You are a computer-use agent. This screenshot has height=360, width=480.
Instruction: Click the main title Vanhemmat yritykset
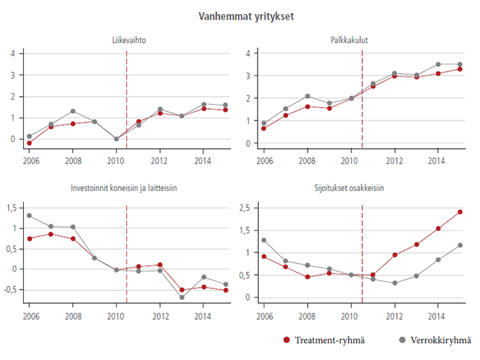pyautogui.click(x=241, y=15)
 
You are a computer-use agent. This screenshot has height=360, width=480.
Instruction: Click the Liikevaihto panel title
pyautogui.click(x=129, y=41)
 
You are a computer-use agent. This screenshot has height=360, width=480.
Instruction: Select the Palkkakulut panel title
pyautogui.click(x=362, y=41)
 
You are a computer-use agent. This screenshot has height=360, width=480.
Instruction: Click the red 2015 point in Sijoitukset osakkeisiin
pyautogui.click(x=460, y=212)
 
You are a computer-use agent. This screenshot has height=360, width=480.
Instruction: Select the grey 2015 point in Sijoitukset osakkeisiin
pyautogui.click(x=460, y=245)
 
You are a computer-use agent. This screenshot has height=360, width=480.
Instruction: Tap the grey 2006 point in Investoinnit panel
pyautogui.click(x=29, y=216)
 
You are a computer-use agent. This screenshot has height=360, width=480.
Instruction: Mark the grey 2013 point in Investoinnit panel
pyautogui.click(x=182, y=297)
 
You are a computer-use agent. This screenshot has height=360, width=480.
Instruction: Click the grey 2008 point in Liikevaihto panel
pyautogui.click(x=73, y=111)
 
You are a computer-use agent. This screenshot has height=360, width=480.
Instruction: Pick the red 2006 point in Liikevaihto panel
pyautogui.click(x=29, y=143)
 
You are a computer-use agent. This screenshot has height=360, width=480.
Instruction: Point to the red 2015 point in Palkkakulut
pyautogui.click(x=460, y=69)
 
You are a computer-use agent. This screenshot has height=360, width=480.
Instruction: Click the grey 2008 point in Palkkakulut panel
pyautogui.click(x=307, y=96)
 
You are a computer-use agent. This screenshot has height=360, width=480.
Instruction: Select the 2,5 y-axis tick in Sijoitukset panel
pyautogui.click(x=245, y=208)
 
